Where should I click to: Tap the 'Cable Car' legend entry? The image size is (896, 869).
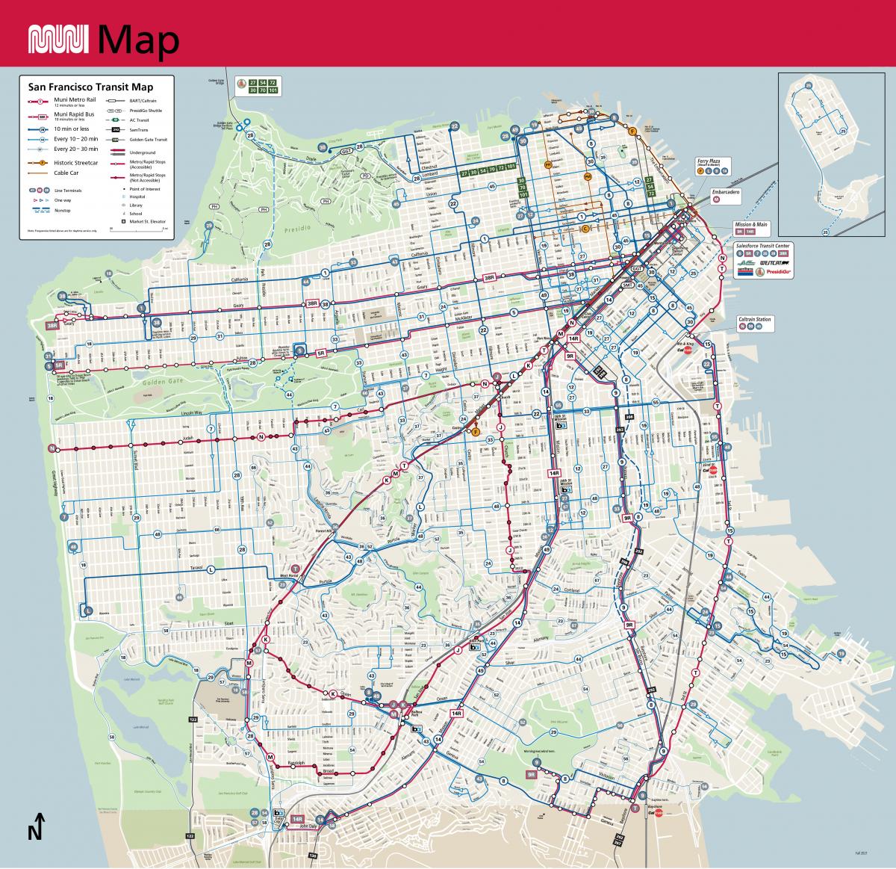coord(63,173)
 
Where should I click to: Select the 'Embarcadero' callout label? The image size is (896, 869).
coord(726,192)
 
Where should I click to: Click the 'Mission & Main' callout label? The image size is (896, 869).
coord(751,224)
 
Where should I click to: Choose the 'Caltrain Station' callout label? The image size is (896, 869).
coord(754,319)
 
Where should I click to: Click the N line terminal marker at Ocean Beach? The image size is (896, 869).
coord(52,448)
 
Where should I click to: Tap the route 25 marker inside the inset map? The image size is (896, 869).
coord(825,232)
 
